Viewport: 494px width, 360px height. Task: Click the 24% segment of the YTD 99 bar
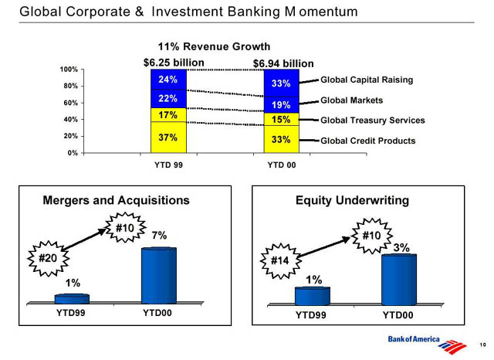(168, 80)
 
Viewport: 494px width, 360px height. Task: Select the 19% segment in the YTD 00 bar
(281, 104)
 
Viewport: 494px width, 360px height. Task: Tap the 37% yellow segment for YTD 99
(168, 138)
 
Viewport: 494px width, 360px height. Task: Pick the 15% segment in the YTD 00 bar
(281, 119)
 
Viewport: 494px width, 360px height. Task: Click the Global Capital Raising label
(367, 80)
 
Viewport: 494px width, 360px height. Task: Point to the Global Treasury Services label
(373, 120)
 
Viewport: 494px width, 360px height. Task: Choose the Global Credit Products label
(368, 141)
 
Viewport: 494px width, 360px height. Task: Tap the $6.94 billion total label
(283, 63)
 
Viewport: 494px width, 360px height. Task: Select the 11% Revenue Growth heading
(214, 46)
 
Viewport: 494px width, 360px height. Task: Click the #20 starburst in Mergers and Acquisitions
(48, 258)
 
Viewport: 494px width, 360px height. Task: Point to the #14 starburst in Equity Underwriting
(280, 260)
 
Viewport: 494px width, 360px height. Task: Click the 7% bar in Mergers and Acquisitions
(159, 276)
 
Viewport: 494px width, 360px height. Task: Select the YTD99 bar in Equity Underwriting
(312, 296)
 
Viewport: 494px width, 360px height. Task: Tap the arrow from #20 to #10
(84, 239)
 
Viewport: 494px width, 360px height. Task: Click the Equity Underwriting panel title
(352, 201)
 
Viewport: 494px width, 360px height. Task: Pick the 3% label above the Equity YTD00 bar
(401, 248)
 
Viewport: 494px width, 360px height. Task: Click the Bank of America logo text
(414, 339)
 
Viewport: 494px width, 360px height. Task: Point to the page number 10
(482, 345)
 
